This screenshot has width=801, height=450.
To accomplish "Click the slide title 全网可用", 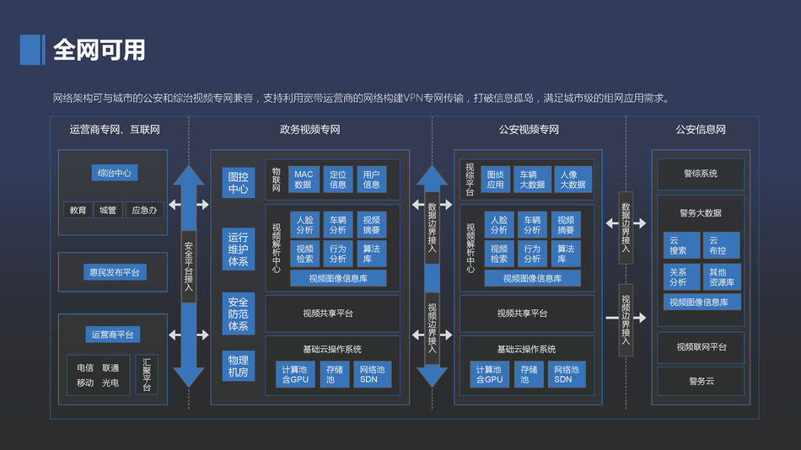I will pos(99,50).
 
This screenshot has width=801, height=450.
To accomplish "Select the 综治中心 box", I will pos(114,173).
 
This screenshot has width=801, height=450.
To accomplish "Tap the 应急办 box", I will pos(144,210).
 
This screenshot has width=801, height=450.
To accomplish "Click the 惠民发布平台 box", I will pos(114,272).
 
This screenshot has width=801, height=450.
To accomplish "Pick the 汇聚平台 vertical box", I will pos(146,375).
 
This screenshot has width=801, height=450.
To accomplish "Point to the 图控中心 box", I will pos(238,183).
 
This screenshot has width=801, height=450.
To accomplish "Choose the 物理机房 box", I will pos(238,367).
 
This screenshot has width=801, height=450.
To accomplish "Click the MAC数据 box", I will pos(303,179).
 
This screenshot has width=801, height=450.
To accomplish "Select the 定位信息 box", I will pos(337,179).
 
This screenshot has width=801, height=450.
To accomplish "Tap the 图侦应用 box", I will pos(495,179).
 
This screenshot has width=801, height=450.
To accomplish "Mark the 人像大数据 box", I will pos(573,179).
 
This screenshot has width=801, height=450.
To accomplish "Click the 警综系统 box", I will pos(701,174).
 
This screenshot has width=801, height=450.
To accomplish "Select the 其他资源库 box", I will pos(721,277).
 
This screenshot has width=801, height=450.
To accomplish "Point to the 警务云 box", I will pos(701,381).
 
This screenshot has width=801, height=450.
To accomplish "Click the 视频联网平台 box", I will pos(701,346).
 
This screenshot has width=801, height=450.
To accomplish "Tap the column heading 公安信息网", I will pos(701,130).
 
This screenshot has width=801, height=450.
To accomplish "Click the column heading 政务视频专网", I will pos(309,130).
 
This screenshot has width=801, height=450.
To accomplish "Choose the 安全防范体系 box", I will pos(238,313).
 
